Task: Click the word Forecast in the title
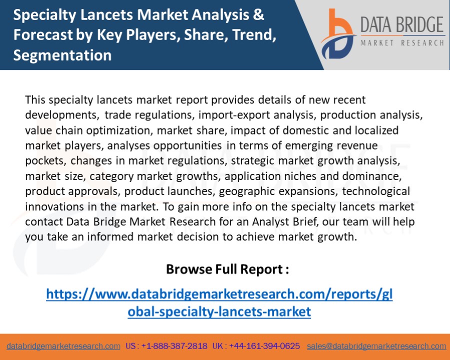point(39,35)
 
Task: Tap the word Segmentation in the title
point(62,55)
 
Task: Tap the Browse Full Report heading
point(227,269)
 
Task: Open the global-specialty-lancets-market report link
point(219,303)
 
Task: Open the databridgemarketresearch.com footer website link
point(63,346)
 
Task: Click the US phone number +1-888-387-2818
point(174,346)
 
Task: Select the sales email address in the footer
point(376,346)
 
